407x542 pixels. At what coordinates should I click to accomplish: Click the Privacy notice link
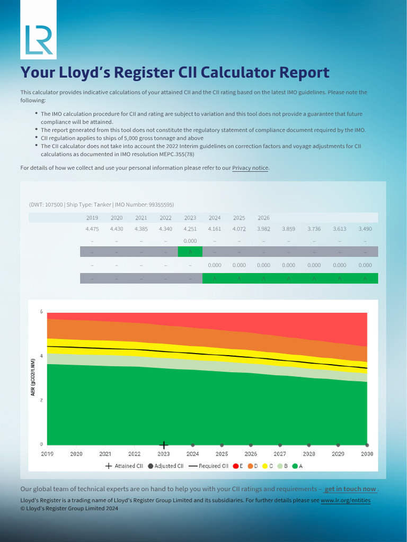[x=250, y=168]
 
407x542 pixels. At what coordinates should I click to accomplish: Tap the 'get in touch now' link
[x=350, y=489]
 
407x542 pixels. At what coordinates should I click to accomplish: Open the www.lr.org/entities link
[x=346, y=500]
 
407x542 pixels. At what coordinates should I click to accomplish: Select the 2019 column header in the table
[x=92, y=218]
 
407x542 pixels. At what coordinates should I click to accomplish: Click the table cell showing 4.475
[x=92, y=229]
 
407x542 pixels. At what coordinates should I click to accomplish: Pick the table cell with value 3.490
[x=365, y=229]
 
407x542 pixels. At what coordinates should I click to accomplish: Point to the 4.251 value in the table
[x=190, y=229]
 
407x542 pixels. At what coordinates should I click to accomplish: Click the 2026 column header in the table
[x=263, y=218]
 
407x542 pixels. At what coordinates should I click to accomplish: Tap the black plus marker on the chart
[x=164, y=445]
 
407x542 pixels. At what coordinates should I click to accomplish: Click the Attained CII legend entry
[x=125, y=466]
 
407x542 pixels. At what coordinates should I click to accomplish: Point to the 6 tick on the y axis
[x=42, y=312]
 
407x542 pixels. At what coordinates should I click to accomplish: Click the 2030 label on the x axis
[x=367, y=454]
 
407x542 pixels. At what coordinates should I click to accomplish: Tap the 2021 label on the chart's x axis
[x=105, y=454]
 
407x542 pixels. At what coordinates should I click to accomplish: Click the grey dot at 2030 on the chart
[x=367, y=445]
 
